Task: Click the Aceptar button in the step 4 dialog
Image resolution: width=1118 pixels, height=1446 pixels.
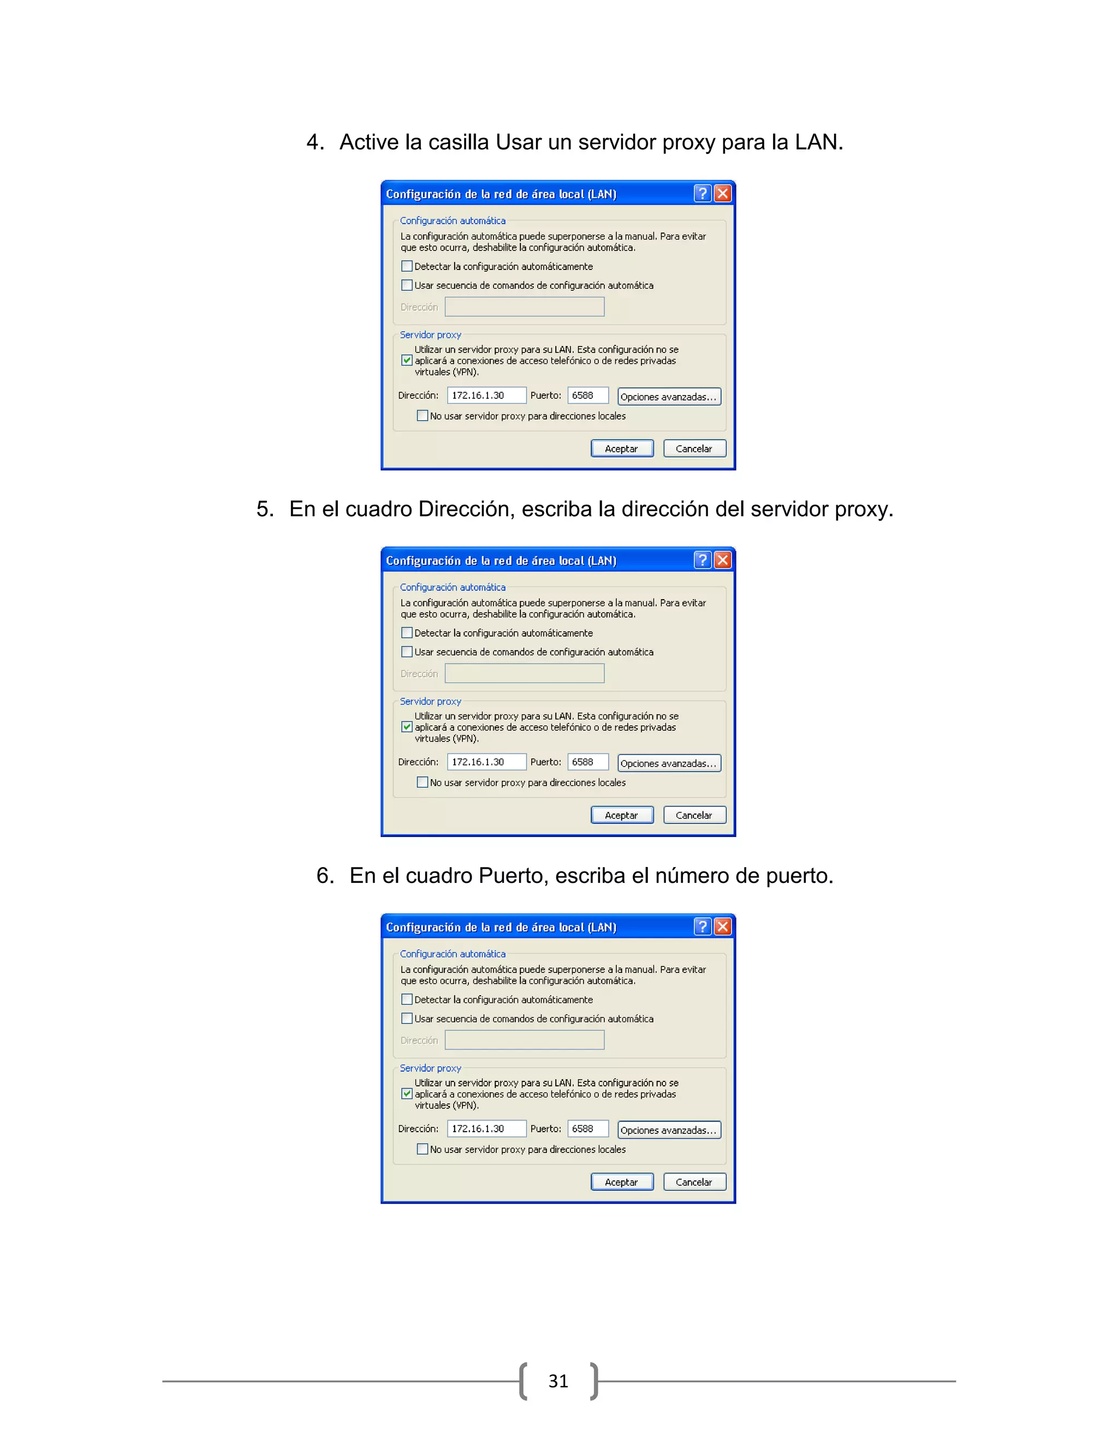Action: click(621, 448)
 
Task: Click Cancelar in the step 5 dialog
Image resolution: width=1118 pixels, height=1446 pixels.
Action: click(694, 815)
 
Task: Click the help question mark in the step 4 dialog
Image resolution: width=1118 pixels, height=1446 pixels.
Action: click(702, 193)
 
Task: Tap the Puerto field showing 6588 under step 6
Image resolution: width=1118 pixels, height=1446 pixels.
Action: click(587, 1128)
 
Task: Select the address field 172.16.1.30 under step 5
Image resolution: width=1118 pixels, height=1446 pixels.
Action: click(486, 762)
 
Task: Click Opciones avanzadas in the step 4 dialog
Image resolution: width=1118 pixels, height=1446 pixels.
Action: click(668, 397)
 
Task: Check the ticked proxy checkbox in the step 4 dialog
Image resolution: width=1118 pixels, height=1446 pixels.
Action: click(407, 361)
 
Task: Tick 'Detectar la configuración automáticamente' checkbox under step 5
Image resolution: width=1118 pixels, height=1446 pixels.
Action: click(407, 633)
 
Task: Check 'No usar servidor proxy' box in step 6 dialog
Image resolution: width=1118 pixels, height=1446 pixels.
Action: click(422, 1149)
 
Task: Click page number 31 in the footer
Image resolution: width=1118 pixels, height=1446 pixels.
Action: click(558, 1381)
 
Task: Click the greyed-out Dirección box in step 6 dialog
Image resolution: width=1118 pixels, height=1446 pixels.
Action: click(524, 1040)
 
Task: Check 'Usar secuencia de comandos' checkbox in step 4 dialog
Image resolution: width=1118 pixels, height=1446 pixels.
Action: click(407, 285)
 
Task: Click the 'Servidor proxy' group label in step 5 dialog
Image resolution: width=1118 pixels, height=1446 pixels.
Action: click(431, 701)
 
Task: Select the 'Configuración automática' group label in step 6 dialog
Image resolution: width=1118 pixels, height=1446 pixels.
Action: click(453, 953)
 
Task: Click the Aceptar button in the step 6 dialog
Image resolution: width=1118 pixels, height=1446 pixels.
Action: click(621, 1182)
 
